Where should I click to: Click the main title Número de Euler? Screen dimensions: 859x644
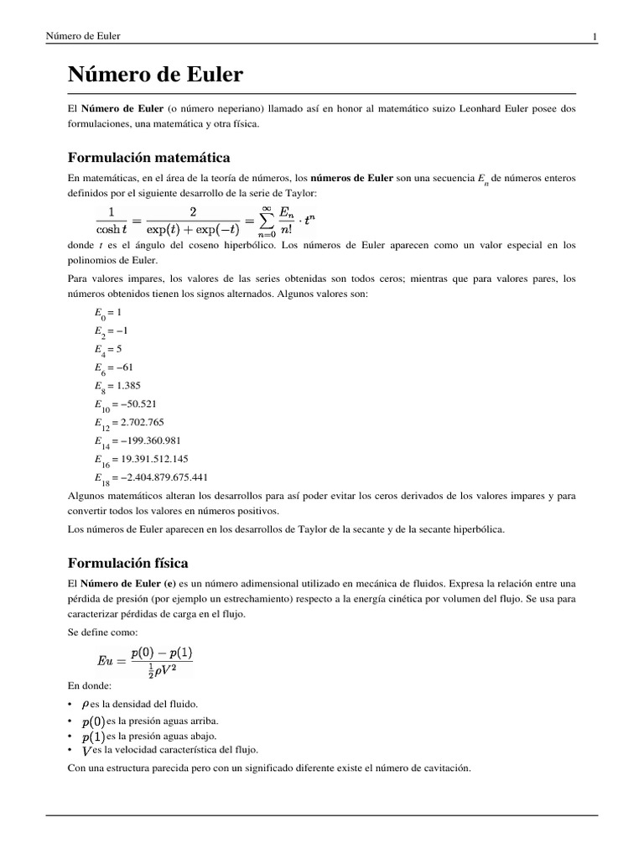155,75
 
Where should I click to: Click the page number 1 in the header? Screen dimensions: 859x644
594,35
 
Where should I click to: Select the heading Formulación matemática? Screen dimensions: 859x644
148,158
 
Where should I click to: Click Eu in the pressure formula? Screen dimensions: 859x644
109,661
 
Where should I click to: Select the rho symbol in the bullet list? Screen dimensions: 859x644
86,703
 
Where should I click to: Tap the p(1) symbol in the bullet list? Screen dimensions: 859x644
93,736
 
